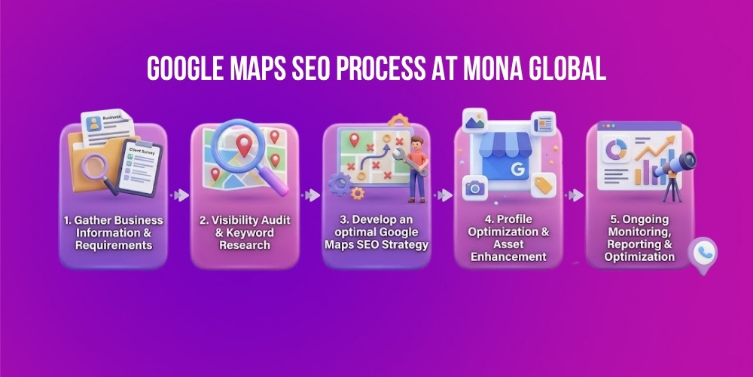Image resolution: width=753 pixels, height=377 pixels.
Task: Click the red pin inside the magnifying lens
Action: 244,144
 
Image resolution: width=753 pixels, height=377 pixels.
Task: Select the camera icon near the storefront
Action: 474,187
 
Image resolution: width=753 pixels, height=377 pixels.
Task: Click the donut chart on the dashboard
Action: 617,150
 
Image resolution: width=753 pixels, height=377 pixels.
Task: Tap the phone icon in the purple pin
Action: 703,253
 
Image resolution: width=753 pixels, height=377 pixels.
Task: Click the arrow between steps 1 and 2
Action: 180,195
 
